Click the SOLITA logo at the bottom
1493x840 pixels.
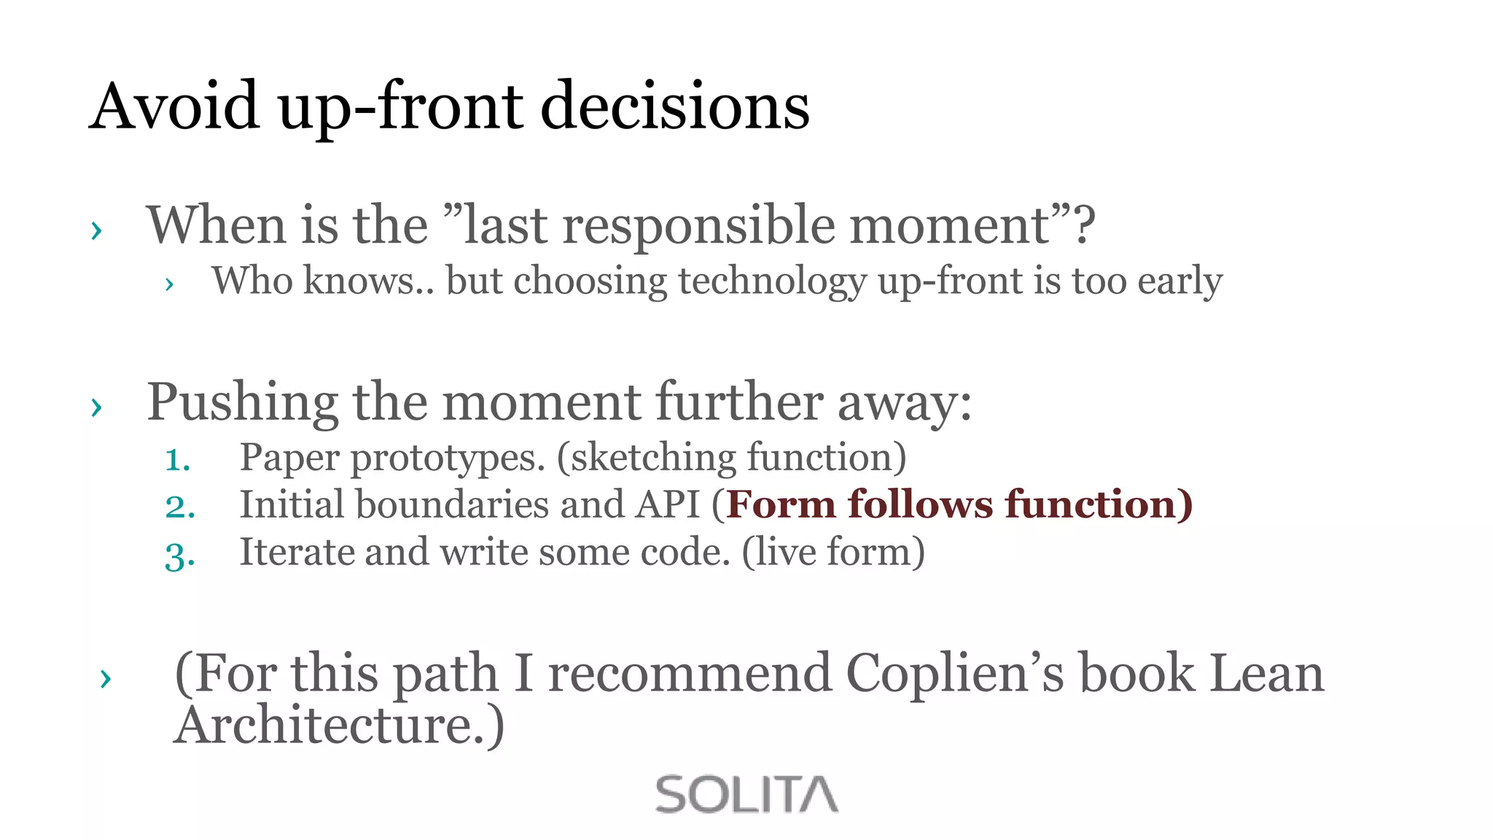pyautogui.click(x=746, y=794)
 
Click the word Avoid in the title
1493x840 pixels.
pyautogui.click(x=174, y=106)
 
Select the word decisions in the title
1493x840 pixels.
pyautogui.click(x=674, y=106)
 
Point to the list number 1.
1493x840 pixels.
pyautogui.click(x=178, y=460)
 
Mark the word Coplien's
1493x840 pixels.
pyautogui.click(x=955, y=673)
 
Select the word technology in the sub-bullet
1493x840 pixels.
pyautogui.click(x=772, y=281)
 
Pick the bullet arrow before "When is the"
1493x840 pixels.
pyautogui.click(x=96, y=230)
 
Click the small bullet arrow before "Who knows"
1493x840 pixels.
pyautogui.click(x=169, y=284)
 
